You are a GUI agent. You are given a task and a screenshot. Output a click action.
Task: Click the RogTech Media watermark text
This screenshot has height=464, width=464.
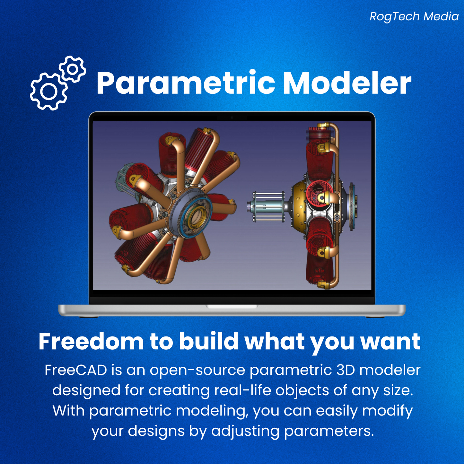tap(414, 16)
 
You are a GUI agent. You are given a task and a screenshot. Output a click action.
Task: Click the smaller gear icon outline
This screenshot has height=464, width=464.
tap(73, 69)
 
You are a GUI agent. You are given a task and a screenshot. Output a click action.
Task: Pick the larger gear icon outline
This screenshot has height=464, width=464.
tap(49, 92)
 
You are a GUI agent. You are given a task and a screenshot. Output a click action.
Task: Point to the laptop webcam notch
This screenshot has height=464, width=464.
tap(232, 118)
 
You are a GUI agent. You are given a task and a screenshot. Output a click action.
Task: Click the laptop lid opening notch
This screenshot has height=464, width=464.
tap(232, 307)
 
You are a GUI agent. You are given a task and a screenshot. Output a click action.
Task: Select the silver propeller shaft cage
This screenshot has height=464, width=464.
tap(267, 206)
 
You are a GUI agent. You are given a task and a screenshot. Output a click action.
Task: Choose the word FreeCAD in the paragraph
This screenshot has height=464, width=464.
tap(76, 370)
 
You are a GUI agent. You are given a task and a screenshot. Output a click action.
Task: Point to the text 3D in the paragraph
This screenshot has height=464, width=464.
tap(346, 370)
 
